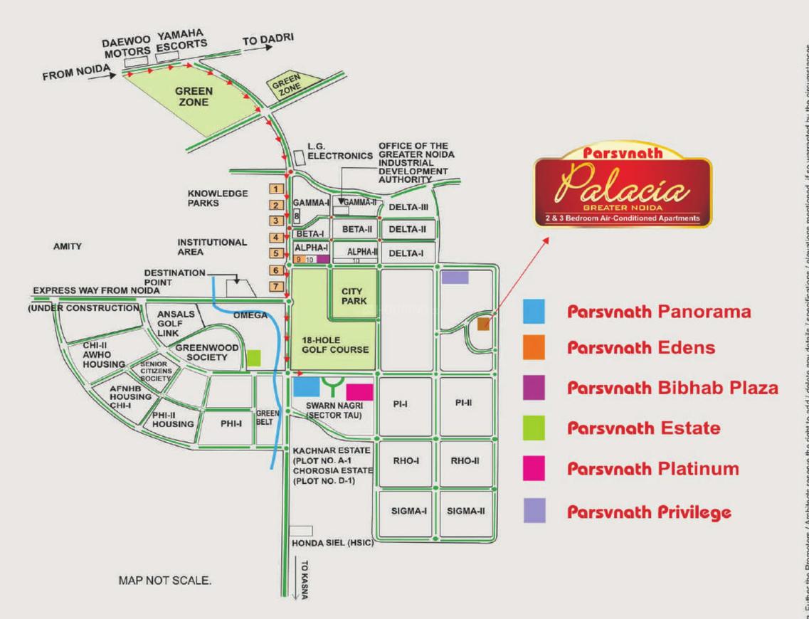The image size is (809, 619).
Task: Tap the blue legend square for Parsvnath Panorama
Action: [534, 312]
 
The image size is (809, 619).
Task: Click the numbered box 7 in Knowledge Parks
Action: [275, 286]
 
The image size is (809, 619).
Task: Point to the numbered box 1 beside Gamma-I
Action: [275, 189]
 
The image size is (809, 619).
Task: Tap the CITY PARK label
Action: [354, 296]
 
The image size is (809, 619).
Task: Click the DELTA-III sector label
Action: [408, 207]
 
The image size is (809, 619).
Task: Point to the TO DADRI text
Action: [268, 41]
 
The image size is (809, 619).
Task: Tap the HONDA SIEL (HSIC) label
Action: [332, 544]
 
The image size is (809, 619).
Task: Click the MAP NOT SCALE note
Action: [165, 581]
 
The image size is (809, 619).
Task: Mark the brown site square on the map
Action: [483, 324]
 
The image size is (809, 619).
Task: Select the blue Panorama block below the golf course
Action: [306, 407]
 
